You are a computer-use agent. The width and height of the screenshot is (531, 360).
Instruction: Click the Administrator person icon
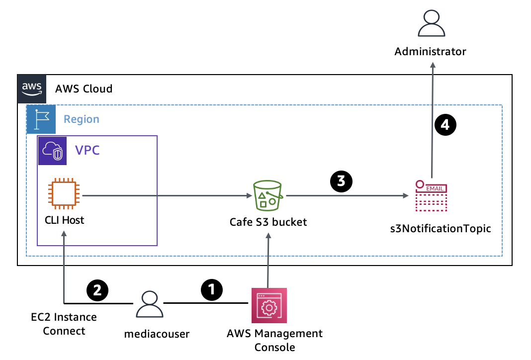click(431, 23)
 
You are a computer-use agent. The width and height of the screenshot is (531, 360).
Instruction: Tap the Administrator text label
click(431, 51)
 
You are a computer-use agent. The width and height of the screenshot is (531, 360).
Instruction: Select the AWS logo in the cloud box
click(32, 89)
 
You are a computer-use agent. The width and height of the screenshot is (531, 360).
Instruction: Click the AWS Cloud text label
click(84, 89)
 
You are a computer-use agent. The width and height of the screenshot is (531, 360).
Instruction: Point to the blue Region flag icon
click(41, 119)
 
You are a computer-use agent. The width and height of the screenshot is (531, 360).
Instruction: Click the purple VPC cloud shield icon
click(52, 150)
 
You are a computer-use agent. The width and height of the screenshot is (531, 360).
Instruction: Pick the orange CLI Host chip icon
click(63, 194)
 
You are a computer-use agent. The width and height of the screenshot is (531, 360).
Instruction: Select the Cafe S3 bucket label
click(268, 222)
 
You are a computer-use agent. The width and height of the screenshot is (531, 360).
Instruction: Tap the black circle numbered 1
click(212, 289)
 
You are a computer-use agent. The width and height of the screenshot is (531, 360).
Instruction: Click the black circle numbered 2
click(97, 289)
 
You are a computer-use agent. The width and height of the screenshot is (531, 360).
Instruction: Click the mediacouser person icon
click(148, 304)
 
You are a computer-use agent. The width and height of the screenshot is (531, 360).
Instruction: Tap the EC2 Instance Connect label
click(64, 324)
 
